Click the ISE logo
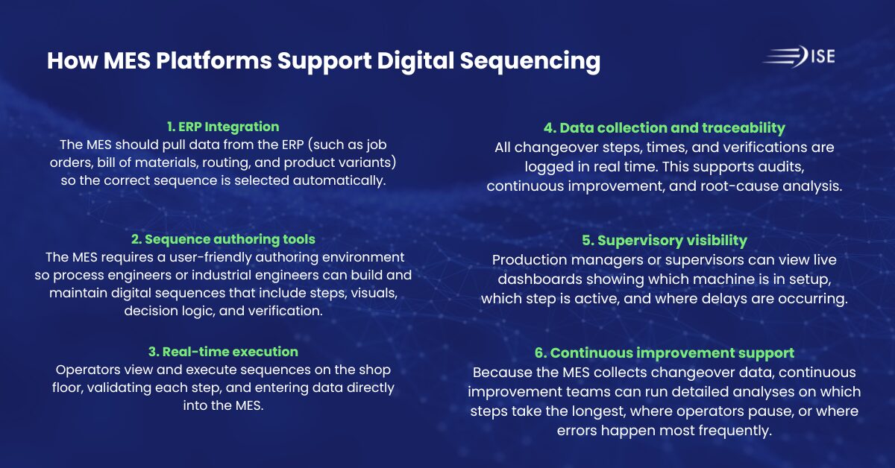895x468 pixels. (x=799, y=57)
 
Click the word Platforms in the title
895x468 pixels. (x=214, y=60)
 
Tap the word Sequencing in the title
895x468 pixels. (x=530, y=61)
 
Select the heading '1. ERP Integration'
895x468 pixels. (x=223, y=127)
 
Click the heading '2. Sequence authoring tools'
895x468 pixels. (x=223, y=239)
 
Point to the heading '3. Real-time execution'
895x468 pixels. (x=223, y=352)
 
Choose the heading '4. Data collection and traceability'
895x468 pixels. (x=664, y=127)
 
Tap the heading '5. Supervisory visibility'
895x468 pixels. (x=664, y=241)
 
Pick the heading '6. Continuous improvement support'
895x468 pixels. (x=664, y=353)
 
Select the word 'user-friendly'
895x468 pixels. (x=210, y=257)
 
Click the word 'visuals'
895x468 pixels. (x=374, y=293)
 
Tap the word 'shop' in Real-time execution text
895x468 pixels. (x=374, y=370)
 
